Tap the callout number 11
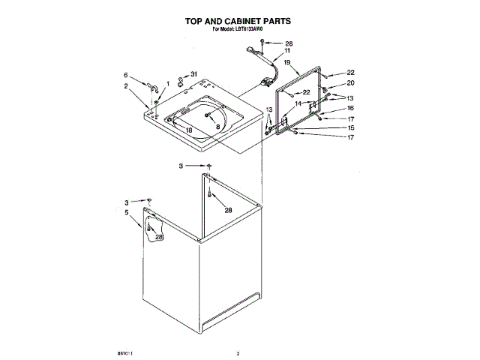(x=286, y=51)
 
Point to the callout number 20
(x=349, y=83)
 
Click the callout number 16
(x=349, y=109)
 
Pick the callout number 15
(x=349, y=127)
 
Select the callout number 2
(x=126, y=86)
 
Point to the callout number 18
(x=189, y=130)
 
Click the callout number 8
(x=217, y=128)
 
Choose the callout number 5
(x=126, y=213)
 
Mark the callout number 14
(x=298, y=103)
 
